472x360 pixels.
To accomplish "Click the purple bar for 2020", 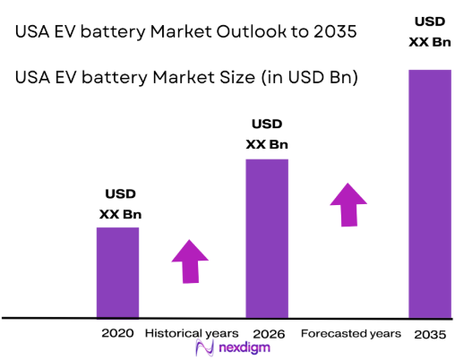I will tap(117, 272).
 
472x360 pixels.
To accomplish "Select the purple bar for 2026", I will tap(267, 238).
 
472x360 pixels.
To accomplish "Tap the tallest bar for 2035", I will tap(430, 193).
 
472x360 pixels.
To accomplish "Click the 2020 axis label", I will tap(117, 333).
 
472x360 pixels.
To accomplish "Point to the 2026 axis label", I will tap(268, 333).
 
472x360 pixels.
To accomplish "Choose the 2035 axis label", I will tap(431, 333).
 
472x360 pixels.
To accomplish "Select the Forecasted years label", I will tap(350, 333).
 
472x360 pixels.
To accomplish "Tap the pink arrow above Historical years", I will tap(190, 261).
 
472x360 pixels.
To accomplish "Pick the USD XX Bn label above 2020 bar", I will tap(120, 203).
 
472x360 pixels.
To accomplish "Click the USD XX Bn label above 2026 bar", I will tap(268, 133).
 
